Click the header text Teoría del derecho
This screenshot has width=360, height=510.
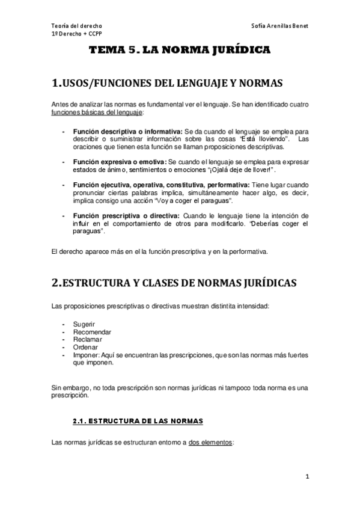[x=77, y=27]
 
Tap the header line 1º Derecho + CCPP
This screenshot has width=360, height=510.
[x=77, y=34]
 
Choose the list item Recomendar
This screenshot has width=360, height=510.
[x=92, y=332]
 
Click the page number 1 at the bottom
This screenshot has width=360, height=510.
[x=307, y=477]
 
